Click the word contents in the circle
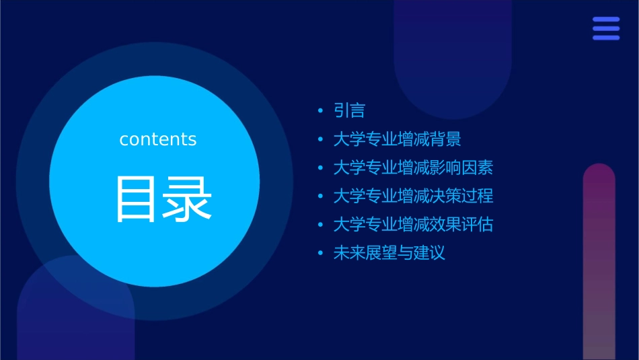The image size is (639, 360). click(158, 139)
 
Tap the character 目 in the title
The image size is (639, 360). click(137, 199)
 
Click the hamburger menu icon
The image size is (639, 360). click(606, 28)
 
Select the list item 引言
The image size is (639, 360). click(349, 111)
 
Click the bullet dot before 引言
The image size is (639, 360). click(320, 111)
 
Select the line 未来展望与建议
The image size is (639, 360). click(389, 253)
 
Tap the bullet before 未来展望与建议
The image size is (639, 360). click(320, 253)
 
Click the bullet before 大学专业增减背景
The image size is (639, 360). click(320, 139)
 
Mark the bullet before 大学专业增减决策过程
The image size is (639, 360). click(320, 196)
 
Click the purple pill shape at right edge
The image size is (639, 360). click(599, 262)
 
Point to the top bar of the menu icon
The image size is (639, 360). click(606, 20)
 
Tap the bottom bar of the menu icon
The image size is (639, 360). click(606, 38)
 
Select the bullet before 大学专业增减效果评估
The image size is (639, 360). click(320, 225)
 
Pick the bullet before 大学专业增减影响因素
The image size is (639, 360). click(320, 168)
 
